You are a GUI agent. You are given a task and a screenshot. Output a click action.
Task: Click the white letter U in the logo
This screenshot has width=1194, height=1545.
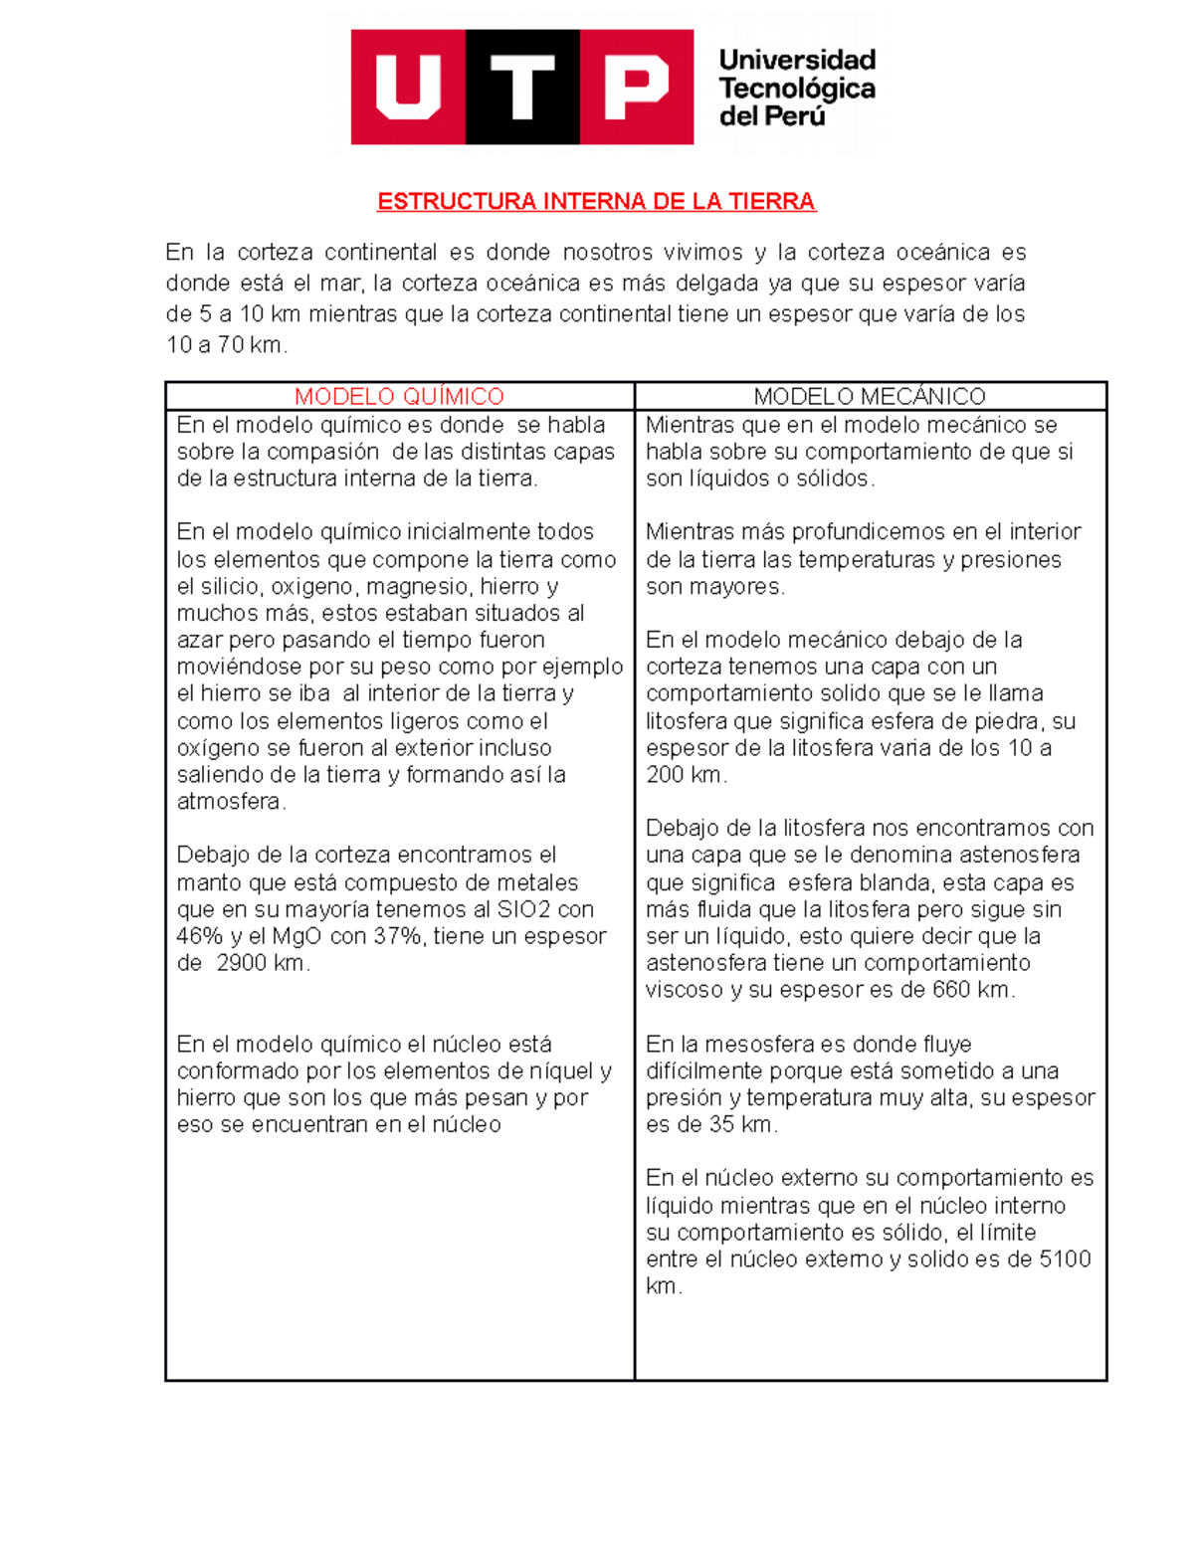click(408, 87)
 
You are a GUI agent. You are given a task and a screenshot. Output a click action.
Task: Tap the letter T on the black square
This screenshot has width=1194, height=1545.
click(522, 87)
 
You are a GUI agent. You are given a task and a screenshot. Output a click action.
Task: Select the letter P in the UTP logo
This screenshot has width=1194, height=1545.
click(637, 87)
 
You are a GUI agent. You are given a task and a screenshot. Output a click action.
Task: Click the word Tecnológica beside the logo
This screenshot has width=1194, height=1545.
click(796, 89)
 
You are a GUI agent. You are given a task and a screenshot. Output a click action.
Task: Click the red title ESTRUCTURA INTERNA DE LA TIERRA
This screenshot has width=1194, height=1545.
click(596, 202)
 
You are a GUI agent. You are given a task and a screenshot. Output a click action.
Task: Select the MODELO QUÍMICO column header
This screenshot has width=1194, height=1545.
click(399, 396)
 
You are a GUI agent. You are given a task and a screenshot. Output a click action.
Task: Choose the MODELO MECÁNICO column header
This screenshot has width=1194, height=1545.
click(870, 396)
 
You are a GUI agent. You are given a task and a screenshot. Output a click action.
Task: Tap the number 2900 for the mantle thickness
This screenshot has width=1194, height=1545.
click(241, 963)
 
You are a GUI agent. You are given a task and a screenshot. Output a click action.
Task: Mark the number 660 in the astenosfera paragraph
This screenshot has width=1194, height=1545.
click(951, 990)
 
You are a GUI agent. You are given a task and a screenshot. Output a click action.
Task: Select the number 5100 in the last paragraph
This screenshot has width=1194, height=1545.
click(1065, 1259)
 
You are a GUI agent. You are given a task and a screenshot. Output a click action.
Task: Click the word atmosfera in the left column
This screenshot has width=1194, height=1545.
click(228, 802)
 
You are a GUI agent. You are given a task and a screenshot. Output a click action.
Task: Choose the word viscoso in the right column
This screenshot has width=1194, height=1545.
click(685, 990)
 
